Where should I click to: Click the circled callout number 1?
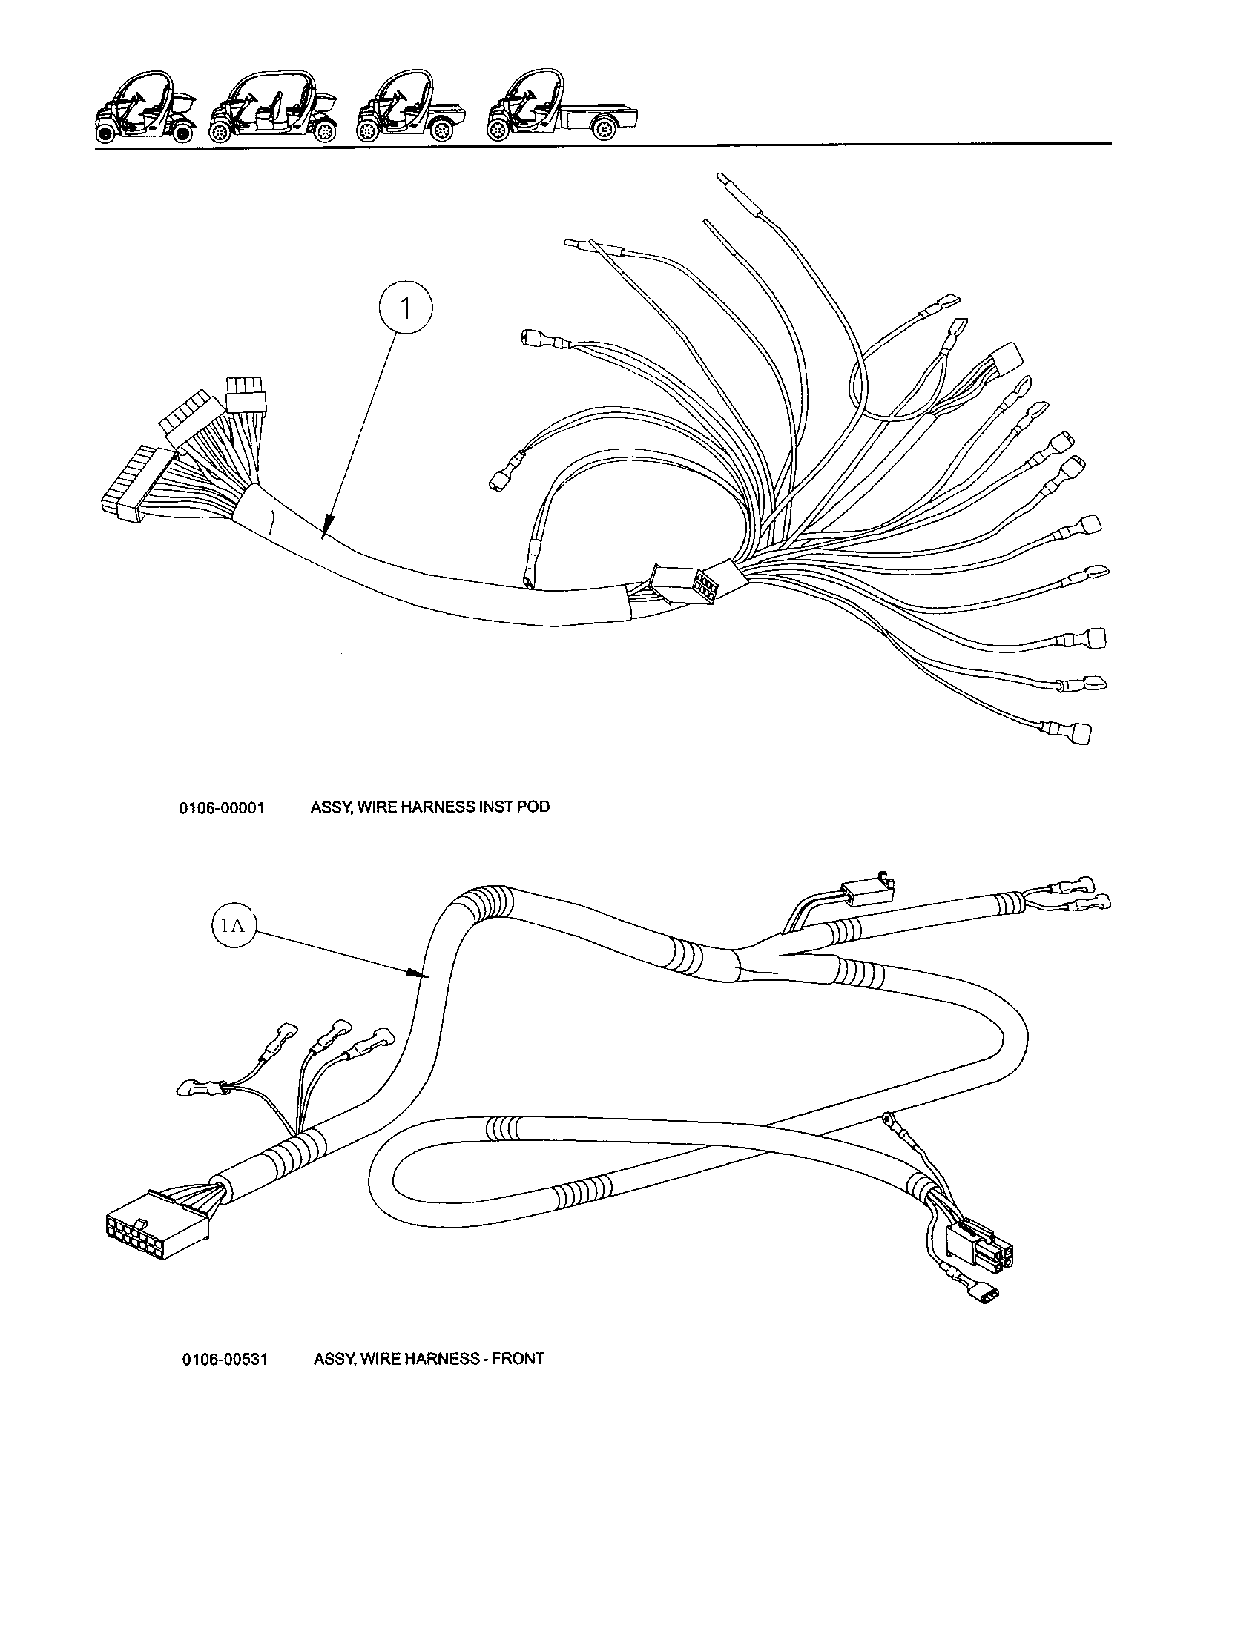coord(406,308)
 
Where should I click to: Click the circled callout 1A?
coord(231,926)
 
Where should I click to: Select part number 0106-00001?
coord(222,808)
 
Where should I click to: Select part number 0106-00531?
coord(224,1359)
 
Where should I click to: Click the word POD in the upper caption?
coord(533,807)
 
